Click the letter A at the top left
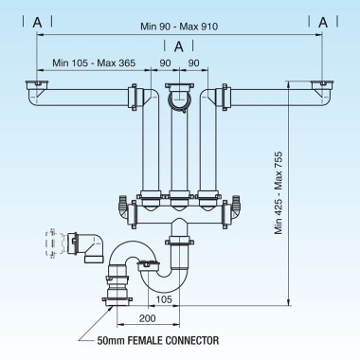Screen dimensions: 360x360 (x=35, y=20)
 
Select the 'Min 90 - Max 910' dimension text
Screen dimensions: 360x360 (x=180, y=27)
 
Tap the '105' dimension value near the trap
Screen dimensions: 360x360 (x=163, y=299)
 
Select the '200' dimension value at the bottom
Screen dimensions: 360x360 (x=146, y=319)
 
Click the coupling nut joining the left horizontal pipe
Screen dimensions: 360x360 (x=132, y=98)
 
